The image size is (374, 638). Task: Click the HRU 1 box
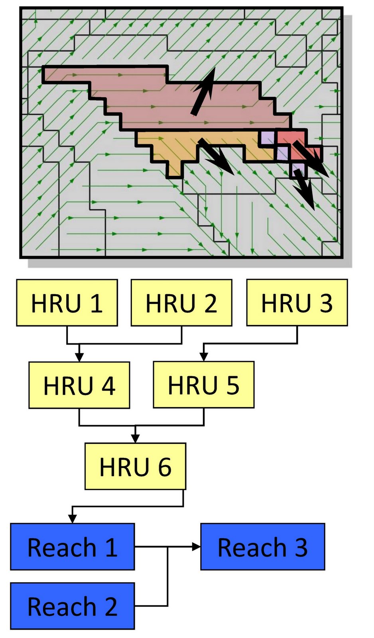click(x=67, y=303)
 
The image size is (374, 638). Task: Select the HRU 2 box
click(x=181, y=303)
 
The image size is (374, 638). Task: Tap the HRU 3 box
click(x=297, y=303)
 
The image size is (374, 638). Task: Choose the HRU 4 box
click(x=79, y=385)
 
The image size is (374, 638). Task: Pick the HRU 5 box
click(x=204, y=384)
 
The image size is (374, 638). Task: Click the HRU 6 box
click(x=135, y=467)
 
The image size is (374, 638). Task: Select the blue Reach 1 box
click(x=72, y=547)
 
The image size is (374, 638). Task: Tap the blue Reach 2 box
click(x=72, y=606)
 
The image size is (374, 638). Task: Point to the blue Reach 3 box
click(x=263, y=547)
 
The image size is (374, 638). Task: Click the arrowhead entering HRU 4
click(x=79, y=358)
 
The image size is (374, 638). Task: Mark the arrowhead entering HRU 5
click(x=203, y=357)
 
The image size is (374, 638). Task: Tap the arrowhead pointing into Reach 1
click(x=72, y=519)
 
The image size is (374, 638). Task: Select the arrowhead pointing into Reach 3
click(x=197, y=547)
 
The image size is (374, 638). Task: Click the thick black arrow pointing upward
click(x=203, y=91)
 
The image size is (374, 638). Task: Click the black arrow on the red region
click(x=311, y=158)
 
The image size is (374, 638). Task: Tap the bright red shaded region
click(x=296, y=145)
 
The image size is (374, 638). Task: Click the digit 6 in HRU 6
click(x=165, y=467)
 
